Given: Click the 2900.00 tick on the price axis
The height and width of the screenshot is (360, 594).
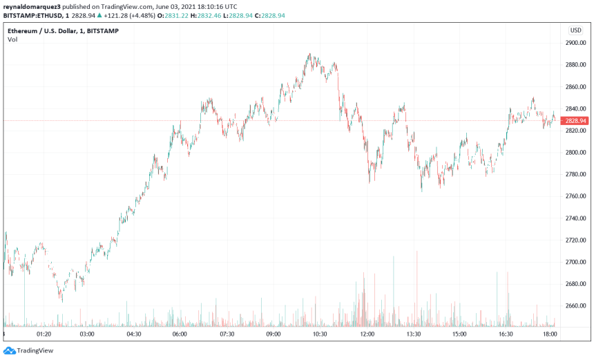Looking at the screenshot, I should tap(575, 43).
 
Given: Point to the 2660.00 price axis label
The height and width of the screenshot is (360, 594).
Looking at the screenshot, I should tap(575, 306).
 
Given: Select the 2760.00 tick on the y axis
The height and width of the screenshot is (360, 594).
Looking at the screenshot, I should tap(575, 196).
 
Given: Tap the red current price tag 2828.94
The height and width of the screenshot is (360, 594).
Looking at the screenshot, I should tap(575, 121).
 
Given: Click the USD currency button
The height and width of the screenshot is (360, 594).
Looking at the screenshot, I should tap(575, 30).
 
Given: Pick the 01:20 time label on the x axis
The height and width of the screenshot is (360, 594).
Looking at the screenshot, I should tap(44, 334).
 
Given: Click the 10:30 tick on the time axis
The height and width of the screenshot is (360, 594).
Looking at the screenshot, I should tap(320, 334).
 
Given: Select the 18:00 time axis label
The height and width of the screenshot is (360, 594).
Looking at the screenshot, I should tap(551, 334).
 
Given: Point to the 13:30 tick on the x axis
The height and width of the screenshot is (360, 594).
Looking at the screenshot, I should tap(414, 334).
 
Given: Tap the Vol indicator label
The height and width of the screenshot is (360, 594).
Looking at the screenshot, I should tap(12, 39).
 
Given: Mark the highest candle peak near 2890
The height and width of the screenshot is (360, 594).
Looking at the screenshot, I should tap(309, 54).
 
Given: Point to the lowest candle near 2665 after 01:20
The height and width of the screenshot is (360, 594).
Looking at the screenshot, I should tap(61, 300).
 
